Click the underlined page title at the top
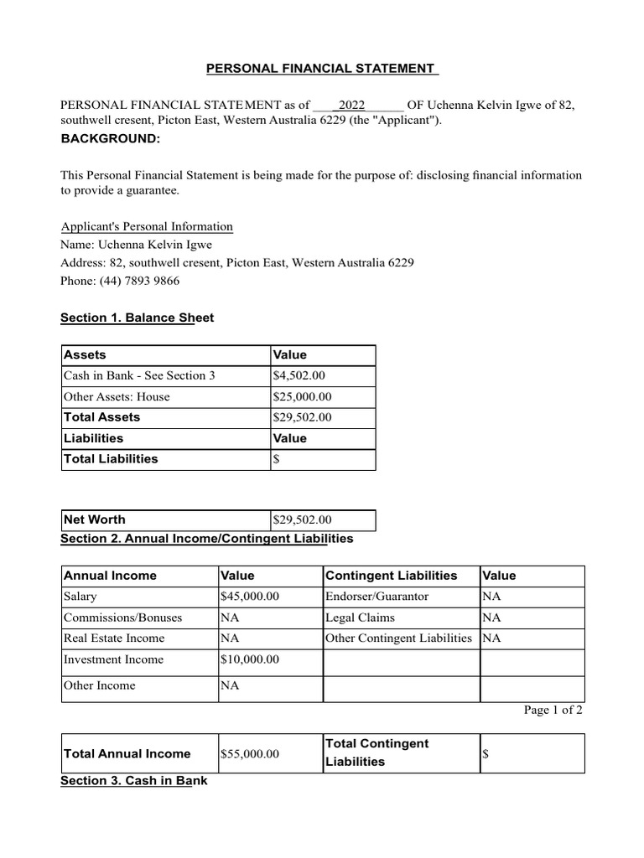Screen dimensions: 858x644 (323, 68)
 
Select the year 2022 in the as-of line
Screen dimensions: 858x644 (351, 105)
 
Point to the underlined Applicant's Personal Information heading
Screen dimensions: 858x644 (147, 227)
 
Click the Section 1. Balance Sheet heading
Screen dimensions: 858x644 (138, 318)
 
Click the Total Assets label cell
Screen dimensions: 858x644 (102, 417)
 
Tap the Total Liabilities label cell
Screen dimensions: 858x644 (111, 459)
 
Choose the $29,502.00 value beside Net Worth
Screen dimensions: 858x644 (302, 520)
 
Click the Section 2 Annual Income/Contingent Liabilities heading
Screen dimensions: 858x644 (206, 538)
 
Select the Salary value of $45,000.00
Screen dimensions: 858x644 (249, 597)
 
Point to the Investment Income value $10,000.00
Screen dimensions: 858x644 (249, 659)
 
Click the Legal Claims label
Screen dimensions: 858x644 (360, 618)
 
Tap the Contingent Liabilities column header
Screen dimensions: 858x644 (391, 576)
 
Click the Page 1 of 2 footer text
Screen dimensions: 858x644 (553, 711)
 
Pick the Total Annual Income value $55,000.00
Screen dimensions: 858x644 (249, 754)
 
